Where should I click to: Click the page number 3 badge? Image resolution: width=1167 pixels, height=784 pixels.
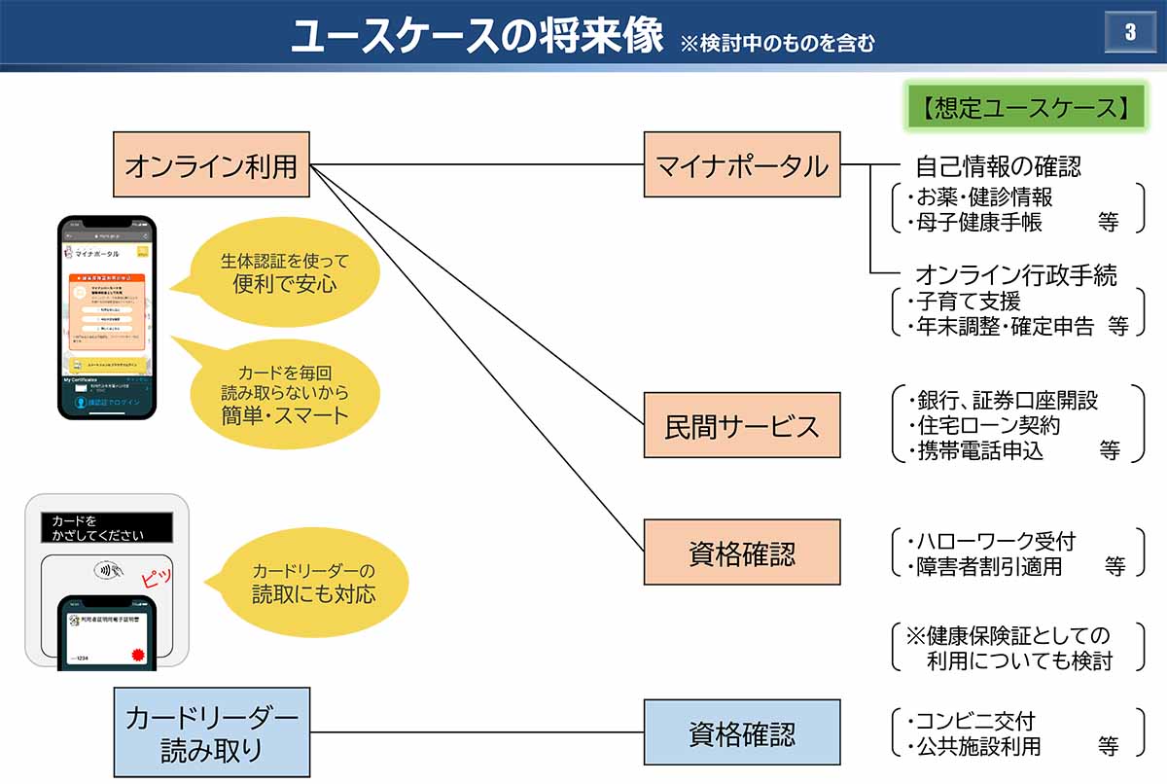(1129, 32)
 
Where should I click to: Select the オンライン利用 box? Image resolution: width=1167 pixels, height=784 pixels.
(211, 165)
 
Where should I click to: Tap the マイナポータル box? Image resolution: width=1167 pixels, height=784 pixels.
(742, 165)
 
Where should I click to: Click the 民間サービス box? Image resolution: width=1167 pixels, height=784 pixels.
(742, 425)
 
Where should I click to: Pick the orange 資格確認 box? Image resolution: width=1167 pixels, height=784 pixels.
(742, 552)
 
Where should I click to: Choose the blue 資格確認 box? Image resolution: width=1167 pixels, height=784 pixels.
(742, 732)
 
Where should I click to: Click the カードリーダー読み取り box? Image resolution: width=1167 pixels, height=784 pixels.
(211, 732)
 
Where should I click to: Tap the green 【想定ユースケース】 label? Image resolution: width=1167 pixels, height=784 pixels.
(1025, 107)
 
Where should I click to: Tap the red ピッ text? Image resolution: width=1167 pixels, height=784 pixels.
(156, 578)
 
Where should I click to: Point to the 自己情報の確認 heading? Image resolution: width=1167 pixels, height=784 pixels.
(998, 166)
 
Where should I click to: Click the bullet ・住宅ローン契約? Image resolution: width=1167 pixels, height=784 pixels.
(984, 425)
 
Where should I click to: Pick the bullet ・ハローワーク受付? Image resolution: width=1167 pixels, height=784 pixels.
(991, 542)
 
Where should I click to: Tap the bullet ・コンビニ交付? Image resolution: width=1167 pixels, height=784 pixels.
(971, 722)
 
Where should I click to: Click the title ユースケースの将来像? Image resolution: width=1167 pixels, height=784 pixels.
(477, 36)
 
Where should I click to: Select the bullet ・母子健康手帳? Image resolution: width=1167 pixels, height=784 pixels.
(973, 222)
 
